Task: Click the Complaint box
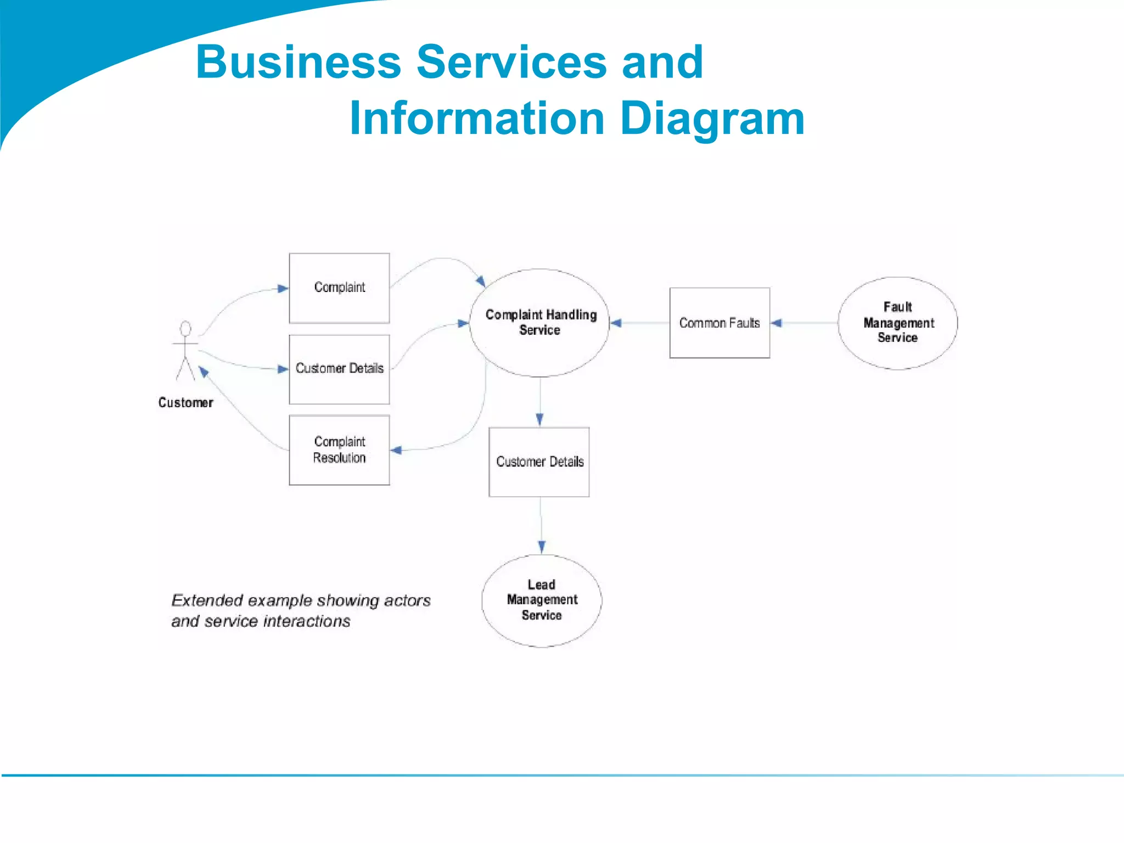coord(339,288)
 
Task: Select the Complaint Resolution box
coord(339,449)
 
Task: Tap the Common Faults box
coord(719,323)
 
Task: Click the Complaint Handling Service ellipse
coord(540,323)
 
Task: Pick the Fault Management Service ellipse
coord(897,323)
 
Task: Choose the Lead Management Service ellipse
coord(542,600)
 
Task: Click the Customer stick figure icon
coord(186,351)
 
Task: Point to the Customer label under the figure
coord(186,402)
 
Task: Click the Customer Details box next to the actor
coord(339,369)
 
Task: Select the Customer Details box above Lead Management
coord(539,462)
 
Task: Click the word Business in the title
coord(298,62)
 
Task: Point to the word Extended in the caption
coord(207,600)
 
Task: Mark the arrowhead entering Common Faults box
coord(776,323)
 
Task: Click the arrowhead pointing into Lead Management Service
coord(542,547)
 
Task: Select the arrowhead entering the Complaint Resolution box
coord(396,450)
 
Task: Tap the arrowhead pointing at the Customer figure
coord(204,372)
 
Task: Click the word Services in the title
coord(511,62)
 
